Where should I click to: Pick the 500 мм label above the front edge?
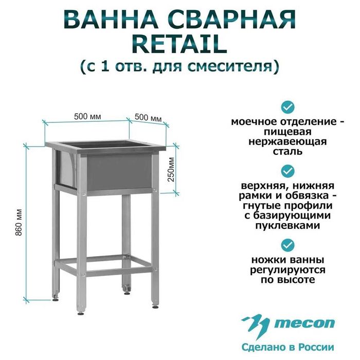tap(87, 116)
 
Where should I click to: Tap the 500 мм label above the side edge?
tap(148, 118)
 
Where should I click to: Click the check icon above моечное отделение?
tap(287, 107)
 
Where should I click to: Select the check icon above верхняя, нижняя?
tap(287, 170)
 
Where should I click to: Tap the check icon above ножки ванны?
tap(287, 243)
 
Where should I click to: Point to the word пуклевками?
tap(287, 225)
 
